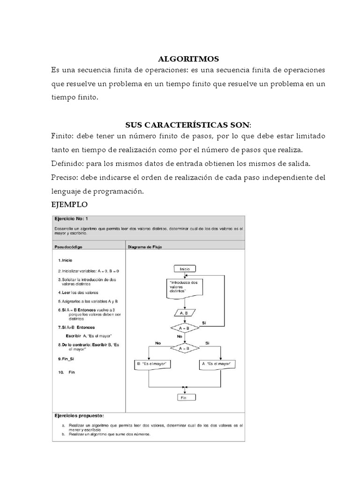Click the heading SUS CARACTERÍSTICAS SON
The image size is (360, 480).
[x=188, y=125]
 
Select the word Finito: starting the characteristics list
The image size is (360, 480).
[x=64, y=136]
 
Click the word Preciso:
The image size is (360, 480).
[x=65, y=178]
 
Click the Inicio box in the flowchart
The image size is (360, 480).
[x=185, y=269]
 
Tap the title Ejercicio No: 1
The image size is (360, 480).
[x=71, y=219]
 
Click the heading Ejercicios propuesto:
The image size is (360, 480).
[x=79, y=415]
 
